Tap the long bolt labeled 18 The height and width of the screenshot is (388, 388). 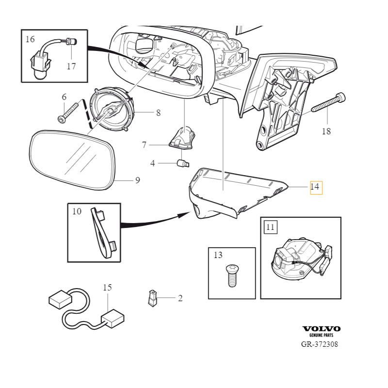[x=328, y=103]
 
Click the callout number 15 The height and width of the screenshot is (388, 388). [x=107, y=288]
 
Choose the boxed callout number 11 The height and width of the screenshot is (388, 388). [x=270, y=226]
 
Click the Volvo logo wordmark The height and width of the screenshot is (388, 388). [x=321, y=329]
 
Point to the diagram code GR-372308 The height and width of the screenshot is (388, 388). [x=320, y=344]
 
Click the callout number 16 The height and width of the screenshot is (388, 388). [x=30, y=39]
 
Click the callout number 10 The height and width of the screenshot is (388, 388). [x=77, y=212]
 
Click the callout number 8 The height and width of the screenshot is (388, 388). [x=158, y=113]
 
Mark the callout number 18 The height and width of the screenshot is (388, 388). [x=326, y=131]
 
